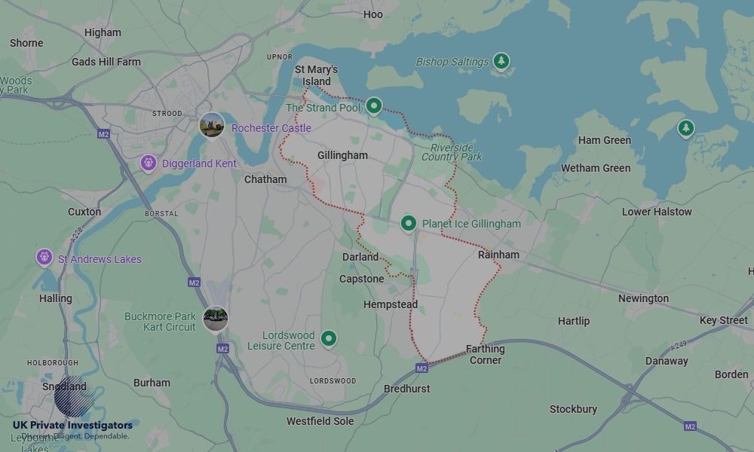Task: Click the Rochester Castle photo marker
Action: click(212, 125)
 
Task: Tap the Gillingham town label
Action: click(342, 155)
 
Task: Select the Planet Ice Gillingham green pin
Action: click(408, 223)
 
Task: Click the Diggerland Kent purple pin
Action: click(149, 163)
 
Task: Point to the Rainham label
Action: click(498, 255)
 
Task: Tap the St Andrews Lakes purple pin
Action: click(44, 258)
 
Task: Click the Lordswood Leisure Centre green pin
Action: click(328, 339)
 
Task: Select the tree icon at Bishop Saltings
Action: click(501, 60)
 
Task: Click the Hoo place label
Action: click(373, 14)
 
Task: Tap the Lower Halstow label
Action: click(657, 212)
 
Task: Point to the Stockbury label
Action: click(573, 409)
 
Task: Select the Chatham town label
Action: click(265, 179)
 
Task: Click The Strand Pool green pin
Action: click(373, 106)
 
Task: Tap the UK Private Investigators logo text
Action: click(72, 426)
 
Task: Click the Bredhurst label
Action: click(406, 389)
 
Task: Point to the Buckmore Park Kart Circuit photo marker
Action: click(216, 318)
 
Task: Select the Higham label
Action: click(103, 32)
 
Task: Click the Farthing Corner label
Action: click(486, 354)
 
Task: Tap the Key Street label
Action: click(723, 320)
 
